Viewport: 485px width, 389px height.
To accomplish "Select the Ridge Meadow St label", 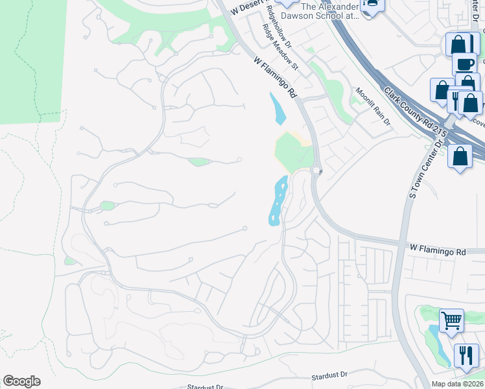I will point(280,47).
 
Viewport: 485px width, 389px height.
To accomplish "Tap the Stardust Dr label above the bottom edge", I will point(329,375).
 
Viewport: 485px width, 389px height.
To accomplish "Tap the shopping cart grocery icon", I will point(451,320).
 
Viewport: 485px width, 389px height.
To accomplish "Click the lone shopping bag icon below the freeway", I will point(460,156).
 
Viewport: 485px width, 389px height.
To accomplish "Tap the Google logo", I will point(21,381).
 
